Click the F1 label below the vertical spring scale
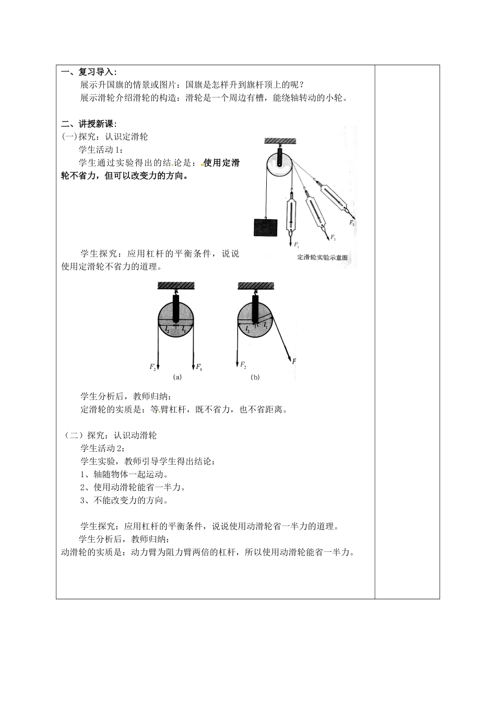tap(297, 244)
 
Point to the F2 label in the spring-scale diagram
tap(333, 238)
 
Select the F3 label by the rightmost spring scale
tap(352, 223)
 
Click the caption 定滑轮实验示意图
tap(322, 258)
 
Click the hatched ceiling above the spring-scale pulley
tap(280, 141)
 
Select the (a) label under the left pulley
tap(177, 377)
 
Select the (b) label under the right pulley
tap(255, 377)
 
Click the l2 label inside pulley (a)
tap(167, 330)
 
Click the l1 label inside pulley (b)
tap(266, 325)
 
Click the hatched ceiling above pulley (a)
tap(176, 285)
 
